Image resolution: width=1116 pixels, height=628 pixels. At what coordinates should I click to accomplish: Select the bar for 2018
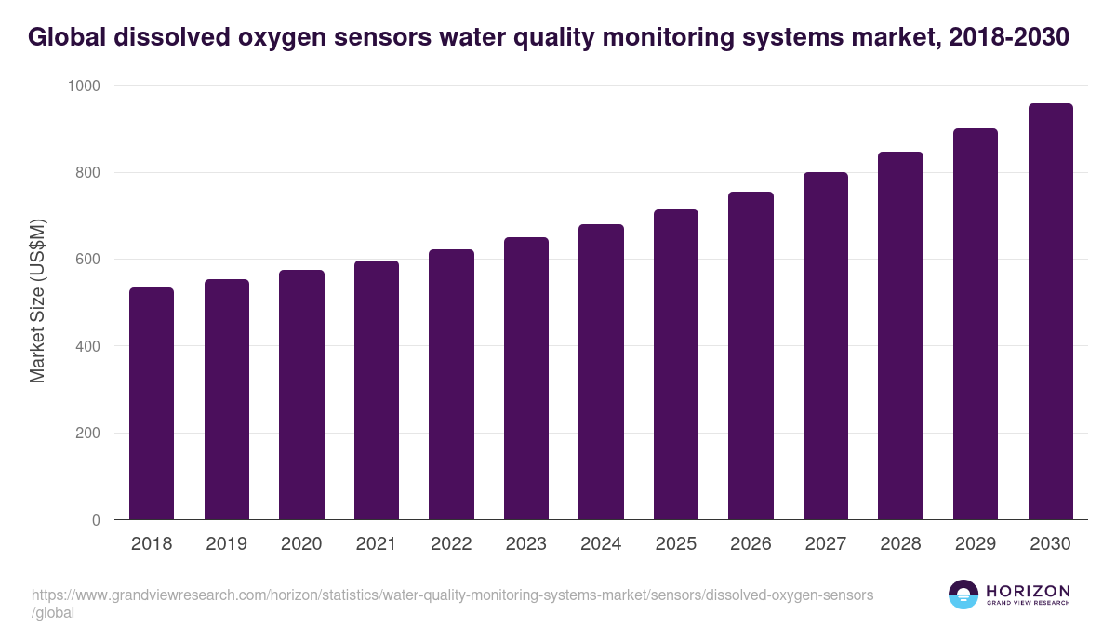click(152, 404)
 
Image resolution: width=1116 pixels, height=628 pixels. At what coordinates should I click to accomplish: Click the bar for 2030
click(1050, 312)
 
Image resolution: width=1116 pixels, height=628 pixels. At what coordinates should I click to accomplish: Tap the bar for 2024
click(601, 372)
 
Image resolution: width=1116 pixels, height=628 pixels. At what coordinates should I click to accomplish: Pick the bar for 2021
click(377, 391)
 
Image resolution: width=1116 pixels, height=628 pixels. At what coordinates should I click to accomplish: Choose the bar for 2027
click(826, 346)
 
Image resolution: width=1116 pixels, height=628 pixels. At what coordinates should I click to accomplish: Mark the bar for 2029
click(976, 325)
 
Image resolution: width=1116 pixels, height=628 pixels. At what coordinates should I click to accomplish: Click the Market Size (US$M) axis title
click(38, 301)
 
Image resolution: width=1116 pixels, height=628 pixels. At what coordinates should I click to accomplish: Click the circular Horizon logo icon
click(963, 595)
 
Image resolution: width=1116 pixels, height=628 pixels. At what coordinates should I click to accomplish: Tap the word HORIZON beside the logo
click(1027, 591)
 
